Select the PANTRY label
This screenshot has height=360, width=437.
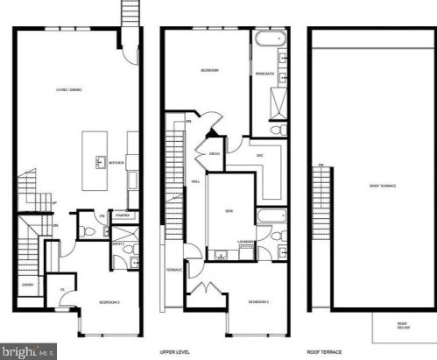pyautogui.click(x=123, y=215)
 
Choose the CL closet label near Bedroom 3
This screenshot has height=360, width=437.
pyautogui.click(x=62, y=289)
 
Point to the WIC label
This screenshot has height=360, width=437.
pyautogui.click(x=259, y=154)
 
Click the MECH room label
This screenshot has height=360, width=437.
pyautogui.click(x=215, y=154)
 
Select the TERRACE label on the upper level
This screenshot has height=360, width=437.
pyautogui.click(x=174, y=270)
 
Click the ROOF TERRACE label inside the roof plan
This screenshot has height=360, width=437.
pyautogui.click(x=384, y=186)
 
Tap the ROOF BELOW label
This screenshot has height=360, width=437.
pyautogui.click(x=404, y=326)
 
